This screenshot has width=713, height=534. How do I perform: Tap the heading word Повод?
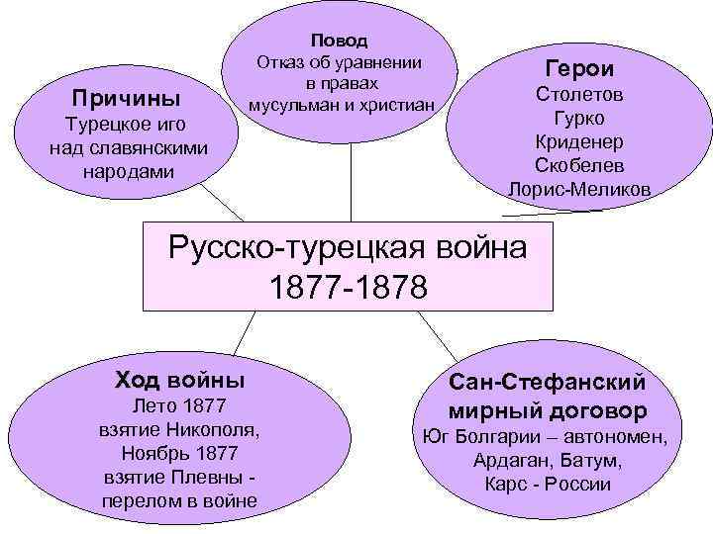pyautogui.click(x=339, y=41)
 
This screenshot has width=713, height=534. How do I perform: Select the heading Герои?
pyautogui.click(x=579, y=68)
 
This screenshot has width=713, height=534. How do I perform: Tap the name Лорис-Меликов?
pyautogui.click(x=579, y=188)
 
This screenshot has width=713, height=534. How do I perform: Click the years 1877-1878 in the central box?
pyautogui.click(x=349, y=287)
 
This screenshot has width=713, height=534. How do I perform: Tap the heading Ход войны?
pyautogui.click(x=180, y=380)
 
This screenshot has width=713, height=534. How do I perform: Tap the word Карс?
pyautogui.click(x=505, y=485)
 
